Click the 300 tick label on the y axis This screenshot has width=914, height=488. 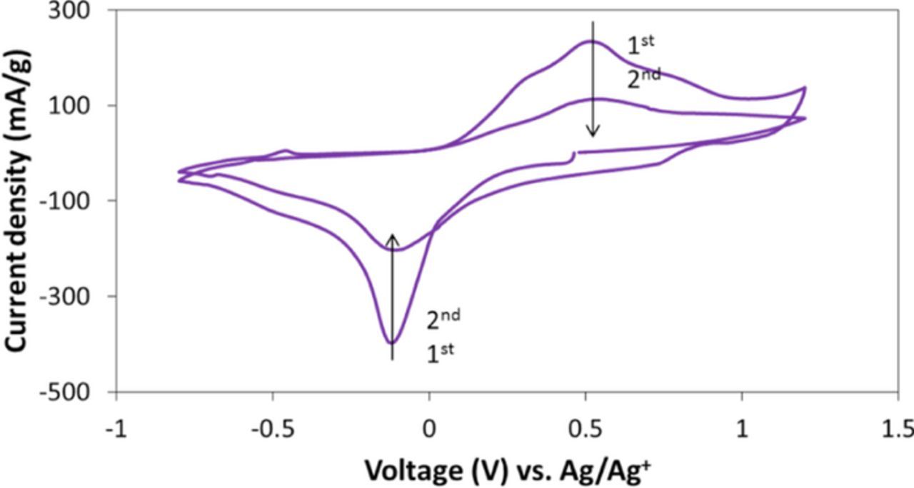tap(81, 11)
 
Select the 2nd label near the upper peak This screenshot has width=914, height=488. tap(643, 77)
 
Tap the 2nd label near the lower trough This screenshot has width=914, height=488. tap(443, 320)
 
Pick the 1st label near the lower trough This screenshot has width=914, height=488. tap(440, 352)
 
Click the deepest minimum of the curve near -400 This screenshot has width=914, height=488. tap(391, 343)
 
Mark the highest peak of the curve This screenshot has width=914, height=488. tap(591, 41)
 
